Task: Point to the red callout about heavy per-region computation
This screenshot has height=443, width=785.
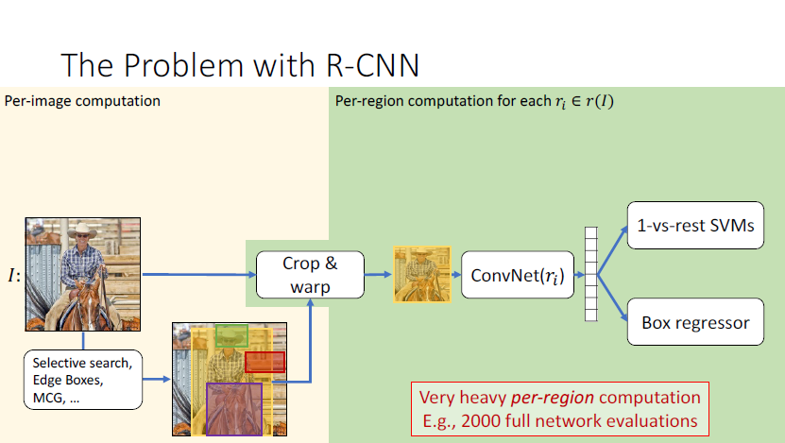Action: point(559,409)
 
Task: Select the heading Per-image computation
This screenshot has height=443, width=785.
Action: point(83,101)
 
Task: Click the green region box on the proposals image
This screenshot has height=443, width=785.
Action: point(230,334)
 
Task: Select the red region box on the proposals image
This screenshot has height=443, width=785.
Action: point(265,362)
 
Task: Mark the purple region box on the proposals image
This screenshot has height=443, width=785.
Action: point(233,408)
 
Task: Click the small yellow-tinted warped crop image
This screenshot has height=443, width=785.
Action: point(421,274)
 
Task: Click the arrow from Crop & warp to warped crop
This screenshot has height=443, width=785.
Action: point(375,274)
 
